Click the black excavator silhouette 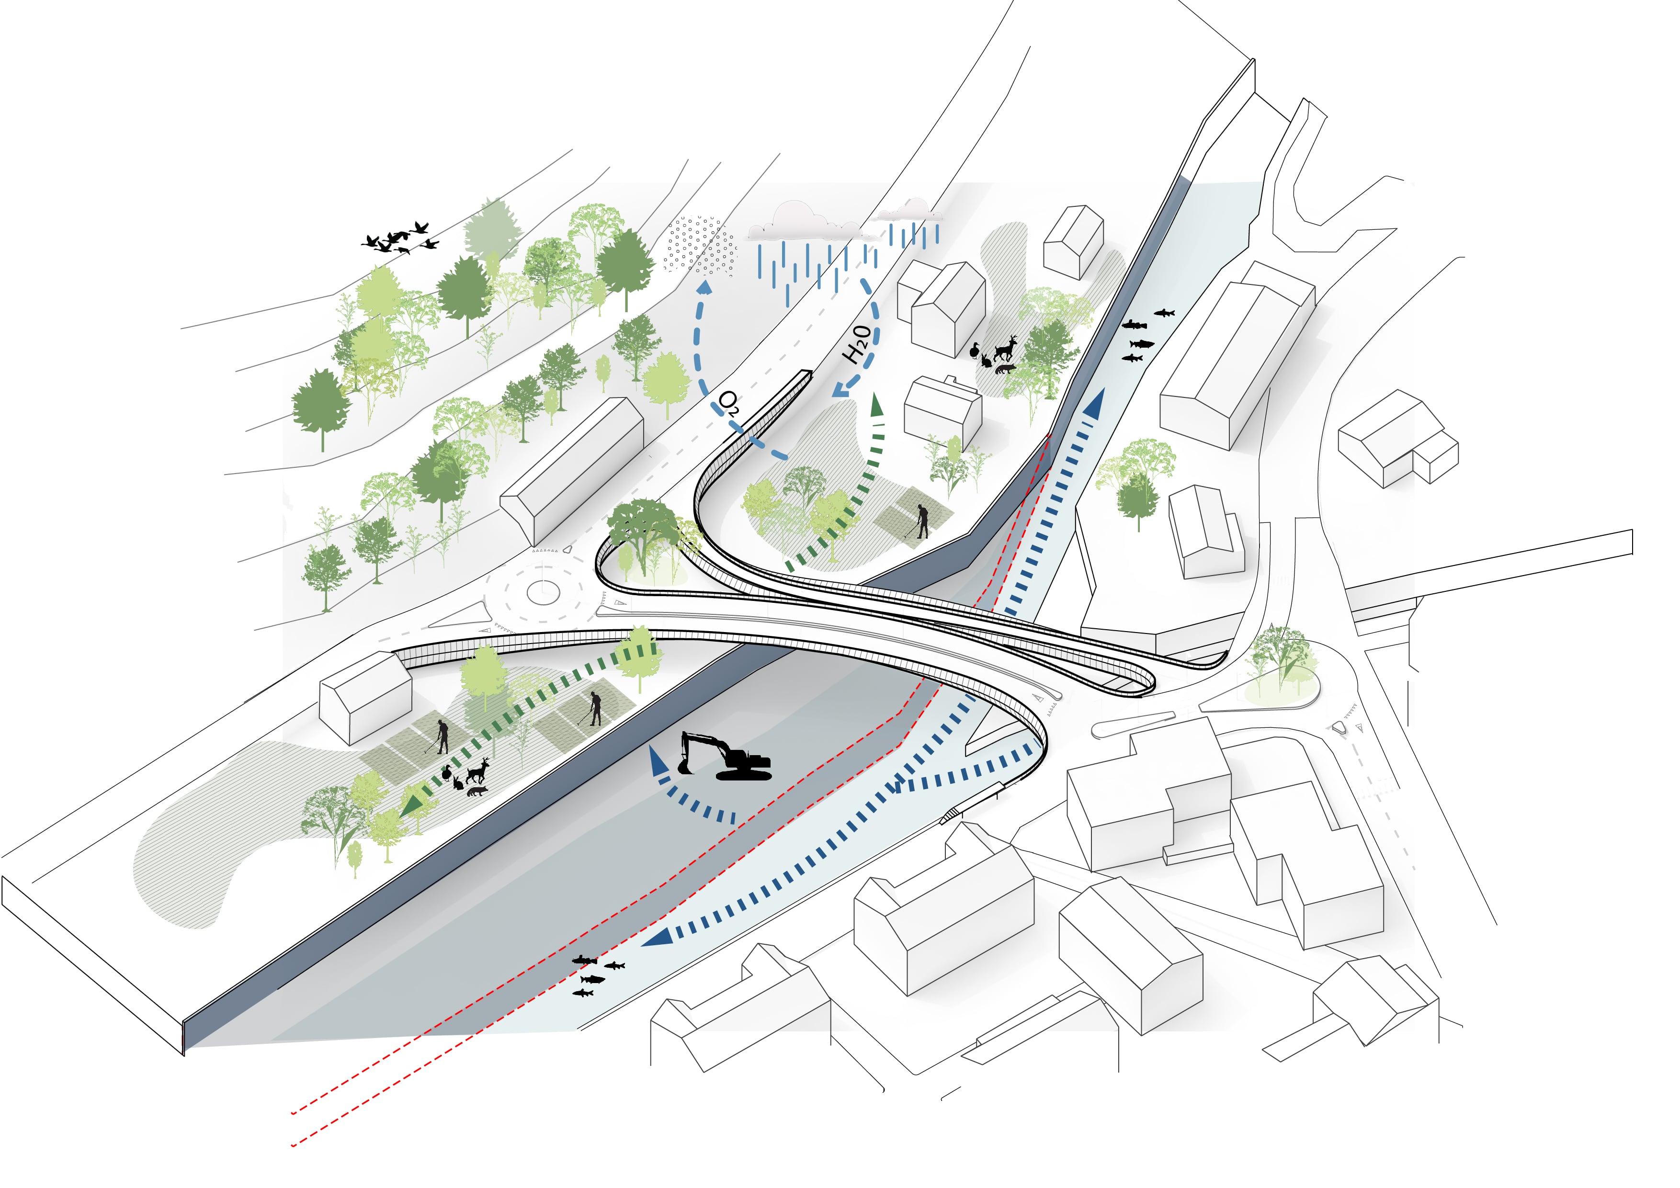(725, 757)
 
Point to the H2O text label (858, 345)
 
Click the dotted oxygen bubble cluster (700, 246)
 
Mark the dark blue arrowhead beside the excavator (658, 762)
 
